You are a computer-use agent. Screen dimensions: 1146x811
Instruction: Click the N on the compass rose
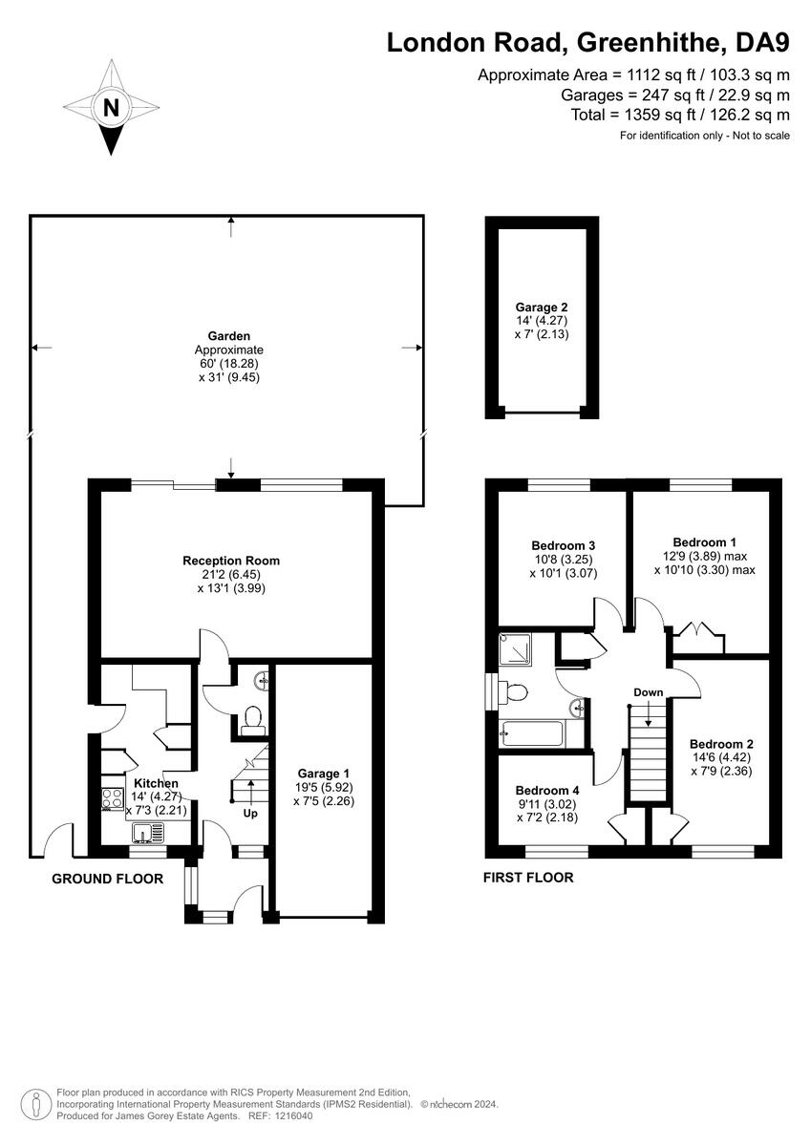112,108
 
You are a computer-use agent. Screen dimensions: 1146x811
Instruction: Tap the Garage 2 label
542,308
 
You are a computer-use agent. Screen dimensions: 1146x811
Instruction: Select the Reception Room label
231,561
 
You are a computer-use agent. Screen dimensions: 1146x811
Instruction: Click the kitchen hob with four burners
110,797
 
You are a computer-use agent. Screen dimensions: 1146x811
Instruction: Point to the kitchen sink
146,836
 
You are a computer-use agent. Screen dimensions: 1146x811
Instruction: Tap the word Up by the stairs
250,815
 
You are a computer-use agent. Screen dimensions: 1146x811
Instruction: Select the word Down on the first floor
648,691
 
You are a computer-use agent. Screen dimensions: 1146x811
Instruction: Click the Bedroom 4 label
547,791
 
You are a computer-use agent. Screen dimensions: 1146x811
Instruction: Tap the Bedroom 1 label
704,541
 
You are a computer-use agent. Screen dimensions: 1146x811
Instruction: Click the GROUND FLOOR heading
107,879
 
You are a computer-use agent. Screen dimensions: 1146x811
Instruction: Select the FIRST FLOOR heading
528,878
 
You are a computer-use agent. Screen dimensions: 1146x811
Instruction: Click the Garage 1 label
323,774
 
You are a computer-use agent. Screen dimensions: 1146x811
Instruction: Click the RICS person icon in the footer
35,1104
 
